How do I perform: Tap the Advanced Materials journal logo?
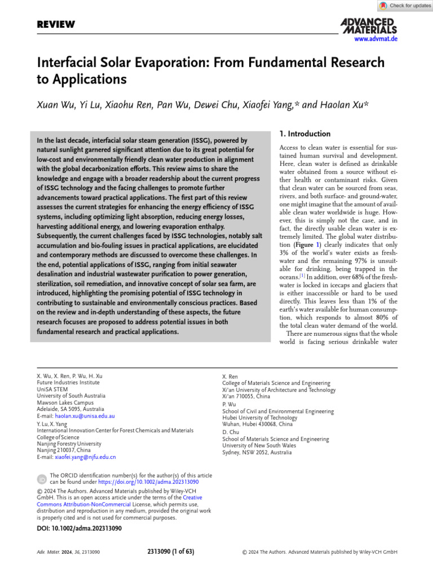click(x=369, y=25)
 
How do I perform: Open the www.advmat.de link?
click(x=376, y=39)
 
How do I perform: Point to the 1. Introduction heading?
click(x=305, y=134)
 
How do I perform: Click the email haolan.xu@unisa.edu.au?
click(x=82, y=415)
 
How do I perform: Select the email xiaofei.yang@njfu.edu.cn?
click(x=83, y=457)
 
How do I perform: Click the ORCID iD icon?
click(x=42, y=479)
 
